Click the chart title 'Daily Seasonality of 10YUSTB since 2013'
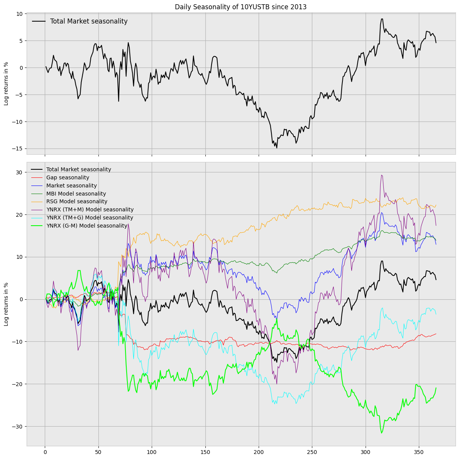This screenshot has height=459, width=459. [241, 7]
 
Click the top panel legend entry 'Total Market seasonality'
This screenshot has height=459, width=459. [89, 22]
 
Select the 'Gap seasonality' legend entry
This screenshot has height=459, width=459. [68, 177]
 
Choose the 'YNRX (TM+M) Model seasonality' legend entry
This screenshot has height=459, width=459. [90, 210]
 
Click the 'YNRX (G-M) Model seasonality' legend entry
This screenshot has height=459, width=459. [87, 226]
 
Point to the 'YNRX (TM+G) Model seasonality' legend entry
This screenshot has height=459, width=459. [90, 218]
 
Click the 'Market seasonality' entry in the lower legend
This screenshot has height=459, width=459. [71, 186]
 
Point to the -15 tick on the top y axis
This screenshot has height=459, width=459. [18, 149]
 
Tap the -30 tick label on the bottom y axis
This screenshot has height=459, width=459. [18, 426]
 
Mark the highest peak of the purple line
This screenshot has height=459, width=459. [381, 175]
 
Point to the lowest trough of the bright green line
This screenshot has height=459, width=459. [382, 433]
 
